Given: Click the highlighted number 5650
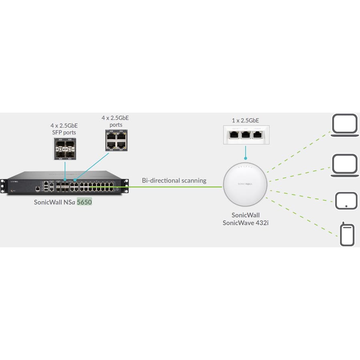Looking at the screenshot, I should coord(84,202).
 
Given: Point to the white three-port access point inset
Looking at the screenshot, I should coord(245,135).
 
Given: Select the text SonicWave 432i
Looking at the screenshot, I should coord(245,223).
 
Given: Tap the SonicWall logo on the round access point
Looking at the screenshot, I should coord(245,184).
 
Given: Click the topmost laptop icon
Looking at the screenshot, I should coord(344,125).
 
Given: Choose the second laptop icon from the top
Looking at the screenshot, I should coord(344,165).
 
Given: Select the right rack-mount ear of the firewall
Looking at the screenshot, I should coord(126,186).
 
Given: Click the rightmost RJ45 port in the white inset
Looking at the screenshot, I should coord(258,135).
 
